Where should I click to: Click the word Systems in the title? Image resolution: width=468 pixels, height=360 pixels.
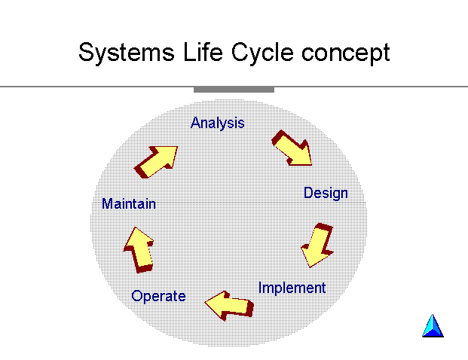pyautogui.click(x=127, y=53)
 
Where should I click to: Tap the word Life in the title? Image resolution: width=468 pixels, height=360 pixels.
pyautogui.click(x=203, y=52)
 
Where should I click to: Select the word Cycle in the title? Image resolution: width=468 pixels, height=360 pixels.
pyautogui.click(x=262, y=53)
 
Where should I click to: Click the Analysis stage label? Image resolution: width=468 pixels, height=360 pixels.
pyautogui.click(x=218, y=124)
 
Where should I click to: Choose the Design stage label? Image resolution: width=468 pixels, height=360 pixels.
pyautogui.click(x=326, y=194)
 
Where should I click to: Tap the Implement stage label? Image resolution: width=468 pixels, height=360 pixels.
pyautogui.click(x=292, y=288)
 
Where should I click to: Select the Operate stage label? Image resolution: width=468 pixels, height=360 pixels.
pyautogui.click(x=158, y=297)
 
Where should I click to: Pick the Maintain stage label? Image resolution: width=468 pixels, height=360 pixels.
pyautogui.click(x=129, y=203)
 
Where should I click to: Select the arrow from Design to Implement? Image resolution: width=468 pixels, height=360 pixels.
pyautogui.click(x=317, y=246)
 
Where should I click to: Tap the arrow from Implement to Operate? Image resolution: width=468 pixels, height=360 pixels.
pyautogui.click(x=230, y=305)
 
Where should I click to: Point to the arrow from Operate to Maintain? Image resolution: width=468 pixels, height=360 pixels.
pyautogui.click(x=139, y=250)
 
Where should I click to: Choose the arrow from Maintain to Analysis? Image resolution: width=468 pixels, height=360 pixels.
pyautogui.click(x=156, y=161)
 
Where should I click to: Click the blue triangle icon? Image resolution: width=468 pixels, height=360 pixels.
pyautogui.click(x=433, y=325)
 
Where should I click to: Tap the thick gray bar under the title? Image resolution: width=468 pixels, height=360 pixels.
pyautogui.click(x=234, y=90)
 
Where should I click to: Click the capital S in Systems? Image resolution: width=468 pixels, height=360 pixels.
pyautogui.click(x=86, y=52)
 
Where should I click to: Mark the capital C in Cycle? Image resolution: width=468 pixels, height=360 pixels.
pyautogui.click(x=240, y=52)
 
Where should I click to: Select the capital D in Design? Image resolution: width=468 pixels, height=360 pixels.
pyautogui.click(x=309, y=193)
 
